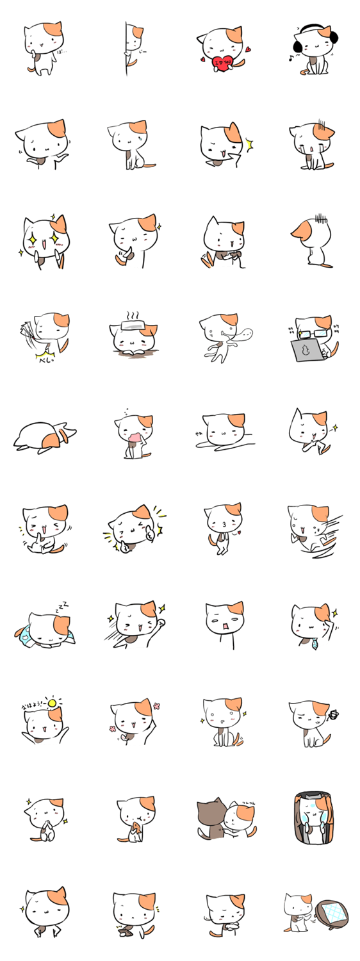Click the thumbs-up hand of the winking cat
(x=149, y=532)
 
